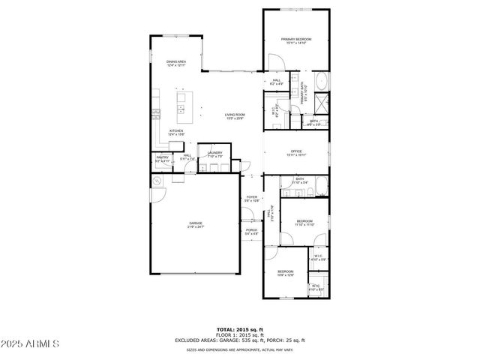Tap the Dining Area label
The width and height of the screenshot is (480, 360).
[176, 63]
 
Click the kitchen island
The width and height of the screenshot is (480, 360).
[181, 106]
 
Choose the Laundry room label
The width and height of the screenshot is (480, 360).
[215, 154]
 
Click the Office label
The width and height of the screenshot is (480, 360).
[296, 153]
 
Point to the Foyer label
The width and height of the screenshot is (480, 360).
[251, 199]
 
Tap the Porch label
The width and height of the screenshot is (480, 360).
[251, 232]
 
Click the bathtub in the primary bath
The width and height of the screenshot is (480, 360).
[321, 82]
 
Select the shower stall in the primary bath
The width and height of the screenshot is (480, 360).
[321, 103]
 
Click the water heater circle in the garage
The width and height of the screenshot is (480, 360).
[157, 182]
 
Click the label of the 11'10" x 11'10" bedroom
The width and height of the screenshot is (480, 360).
[304, 222]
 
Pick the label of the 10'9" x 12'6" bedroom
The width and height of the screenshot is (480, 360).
[286, 273]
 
